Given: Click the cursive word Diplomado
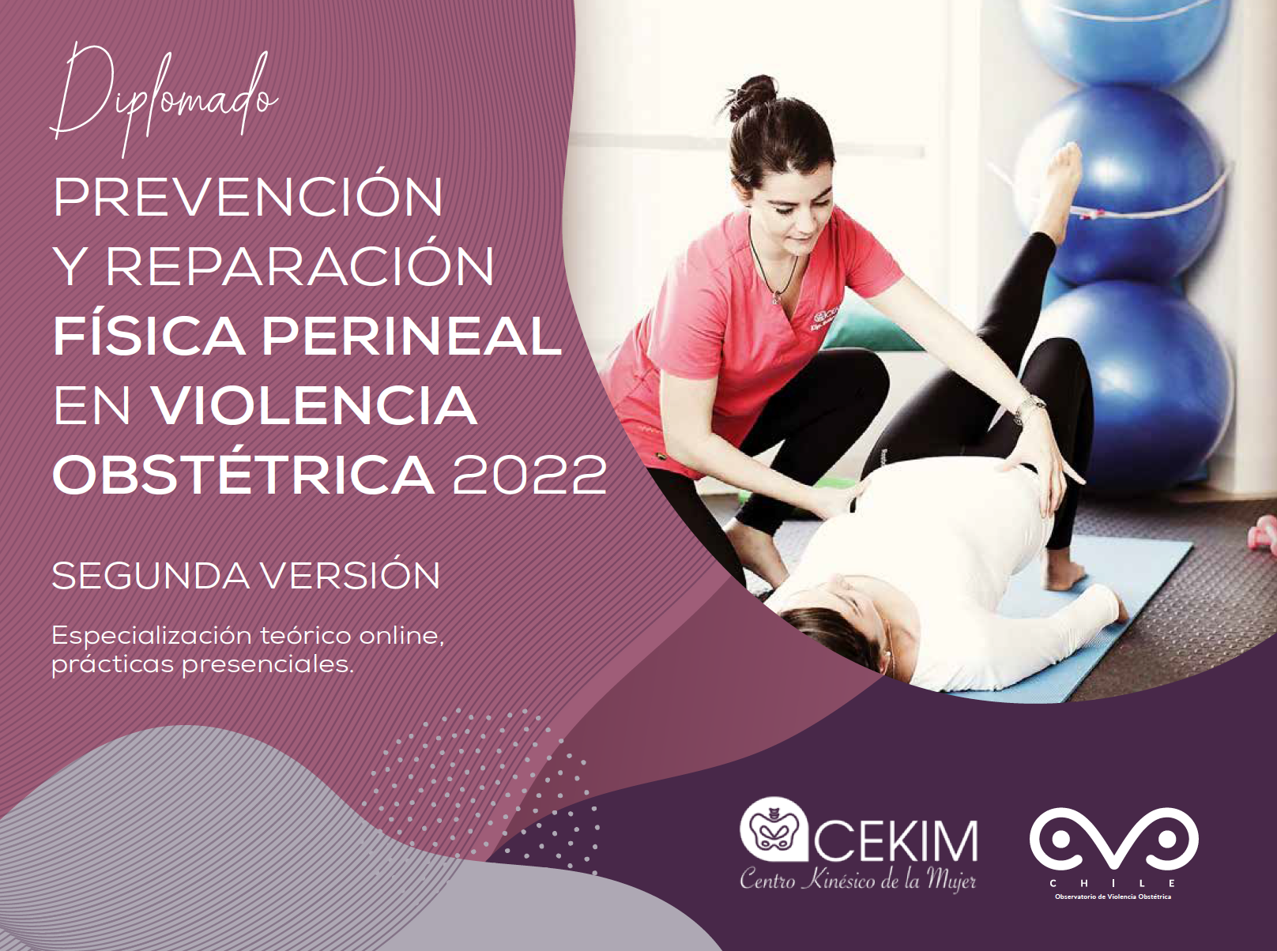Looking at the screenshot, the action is pos(164,99).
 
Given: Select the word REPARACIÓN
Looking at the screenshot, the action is pos(300,266).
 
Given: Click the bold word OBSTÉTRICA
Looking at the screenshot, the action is pos(243,475).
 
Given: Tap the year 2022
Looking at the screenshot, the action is pos(529,475).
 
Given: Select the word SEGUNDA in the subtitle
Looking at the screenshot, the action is pos(151,576).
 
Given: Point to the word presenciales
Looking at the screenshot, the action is pos(268,666).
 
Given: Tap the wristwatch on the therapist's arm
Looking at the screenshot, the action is pos(1030,408).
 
